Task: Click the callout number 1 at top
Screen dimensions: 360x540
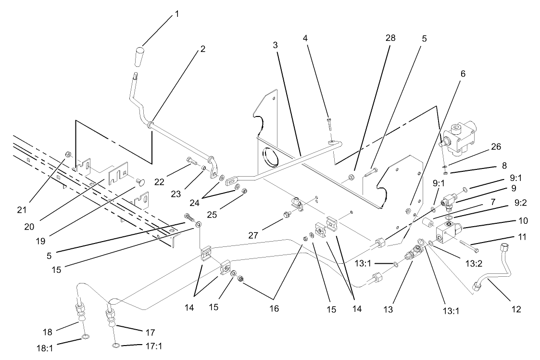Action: [176, 14]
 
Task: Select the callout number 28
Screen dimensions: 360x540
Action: [390, 38]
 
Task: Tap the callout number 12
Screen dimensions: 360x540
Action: [516, 309]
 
